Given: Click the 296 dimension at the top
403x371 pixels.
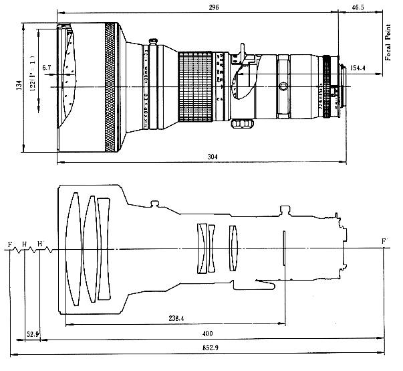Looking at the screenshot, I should (x=213, y=7).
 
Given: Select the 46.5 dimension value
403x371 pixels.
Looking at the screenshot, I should (x=358, y=7).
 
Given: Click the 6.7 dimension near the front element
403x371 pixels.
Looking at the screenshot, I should (x=46, y=68).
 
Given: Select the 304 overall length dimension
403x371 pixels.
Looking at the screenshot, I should (x=213, y=156).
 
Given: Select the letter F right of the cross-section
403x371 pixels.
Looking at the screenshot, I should (x=383, y=241).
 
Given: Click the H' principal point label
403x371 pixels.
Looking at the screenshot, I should (x=41, y=244).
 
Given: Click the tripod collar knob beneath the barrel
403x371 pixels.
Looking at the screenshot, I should (x=239, y=123).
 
